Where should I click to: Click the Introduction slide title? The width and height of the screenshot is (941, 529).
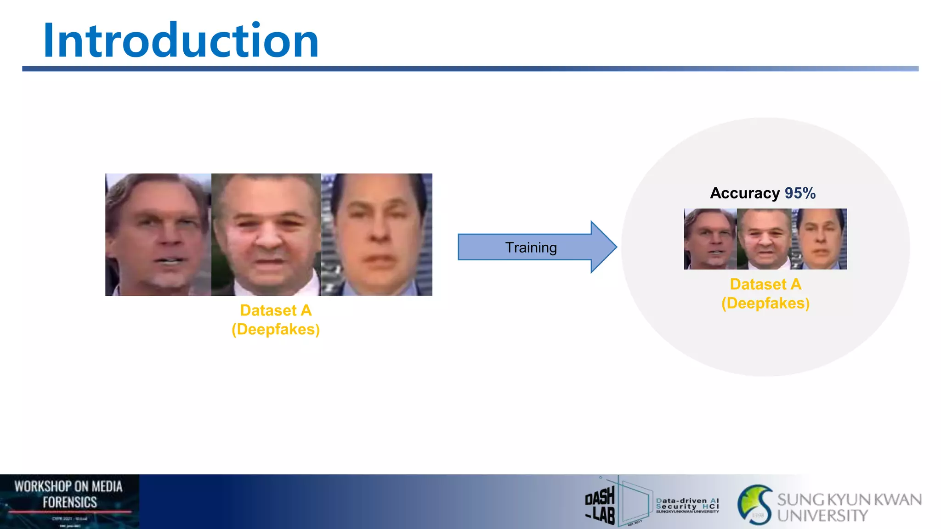[181, 41]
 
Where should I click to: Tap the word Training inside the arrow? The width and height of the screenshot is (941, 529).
[531, 248]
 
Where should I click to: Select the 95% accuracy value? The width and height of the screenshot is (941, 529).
[800, 193]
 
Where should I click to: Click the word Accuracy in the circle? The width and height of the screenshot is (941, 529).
[745, 193]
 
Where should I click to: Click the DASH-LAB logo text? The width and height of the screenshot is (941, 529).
[600, 505]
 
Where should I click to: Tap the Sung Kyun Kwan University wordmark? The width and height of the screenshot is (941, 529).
[849, 507]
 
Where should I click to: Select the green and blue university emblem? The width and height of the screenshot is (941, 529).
[755, 505]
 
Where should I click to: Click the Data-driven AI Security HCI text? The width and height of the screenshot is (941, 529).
[687, 505]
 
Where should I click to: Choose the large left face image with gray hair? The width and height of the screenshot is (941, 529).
[158, 235]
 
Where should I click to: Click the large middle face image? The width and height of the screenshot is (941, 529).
[266, 235]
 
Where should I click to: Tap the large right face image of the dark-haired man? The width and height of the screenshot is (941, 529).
[377, 235]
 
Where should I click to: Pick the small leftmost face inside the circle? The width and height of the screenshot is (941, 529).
[710, 239]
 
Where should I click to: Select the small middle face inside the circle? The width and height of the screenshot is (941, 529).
[765, 239]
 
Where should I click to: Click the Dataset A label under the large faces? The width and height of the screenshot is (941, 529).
[276, 311]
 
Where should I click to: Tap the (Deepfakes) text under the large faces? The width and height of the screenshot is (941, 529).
[276, 330]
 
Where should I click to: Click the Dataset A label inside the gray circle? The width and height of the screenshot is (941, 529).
[765, 285]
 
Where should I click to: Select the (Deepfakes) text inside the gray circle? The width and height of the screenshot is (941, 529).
[765, 304]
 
